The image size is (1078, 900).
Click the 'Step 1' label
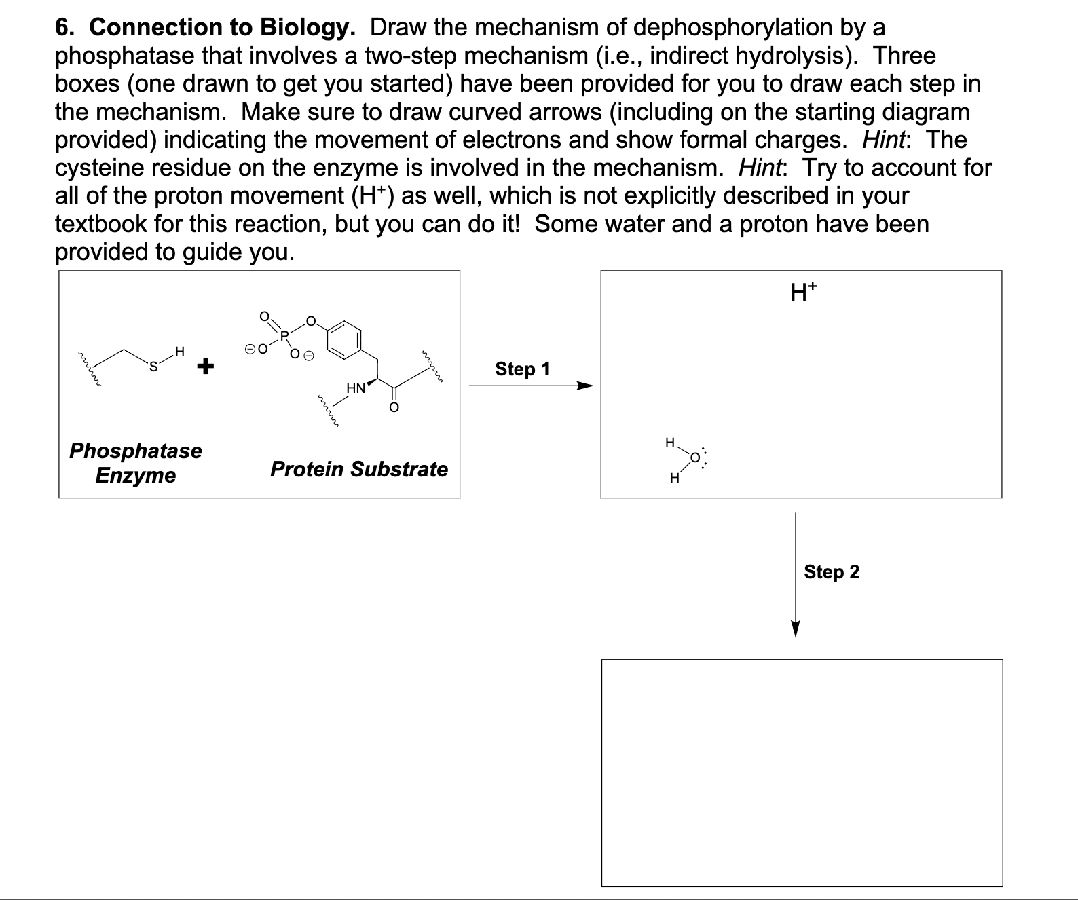tap(522, 369)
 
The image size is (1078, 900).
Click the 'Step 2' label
tap(832, 572)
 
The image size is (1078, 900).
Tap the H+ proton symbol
tap(804, 293)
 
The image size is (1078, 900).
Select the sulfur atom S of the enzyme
tap(153, 367)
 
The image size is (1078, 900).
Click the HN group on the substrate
tap(356, 388)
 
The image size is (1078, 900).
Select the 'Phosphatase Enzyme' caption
tap(136, 462)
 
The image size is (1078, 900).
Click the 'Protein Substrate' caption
tap(359, 469)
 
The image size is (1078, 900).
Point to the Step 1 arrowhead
tap(585, 386)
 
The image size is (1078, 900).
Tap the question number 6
tap(63, 28)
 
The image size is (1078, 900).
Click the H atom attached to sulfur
tap(179, 352)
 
